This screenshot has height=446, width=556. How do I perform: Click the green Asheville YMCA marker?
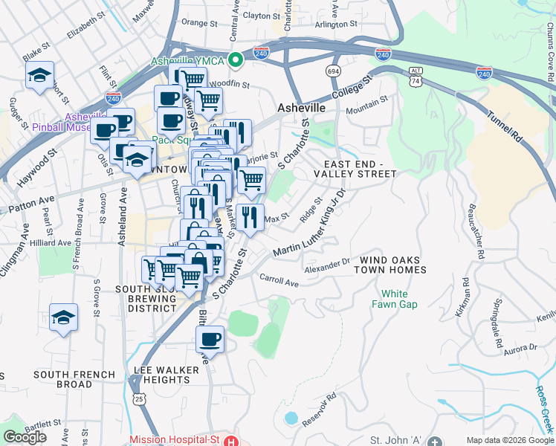236,59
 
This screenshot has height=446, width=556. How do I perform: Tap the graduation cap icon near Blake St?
39,75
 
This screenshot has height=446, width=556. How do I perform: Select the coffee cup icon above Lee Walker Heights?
210,340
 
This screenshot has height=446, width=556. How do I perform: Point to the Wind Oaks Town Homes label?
393,265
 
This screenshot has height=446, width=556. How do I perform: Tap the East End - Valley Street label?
360,168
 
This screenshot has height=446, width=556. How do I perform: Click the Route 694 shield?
333,70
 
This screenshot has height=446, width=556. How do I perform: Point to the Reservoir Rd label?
320,410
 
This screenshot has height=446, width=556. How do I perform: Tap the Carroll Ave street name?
279,280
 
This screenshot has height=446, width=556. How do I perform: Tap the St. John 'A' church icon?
435,439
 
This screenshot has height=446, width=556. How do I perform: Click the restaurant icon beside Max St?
250,217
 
